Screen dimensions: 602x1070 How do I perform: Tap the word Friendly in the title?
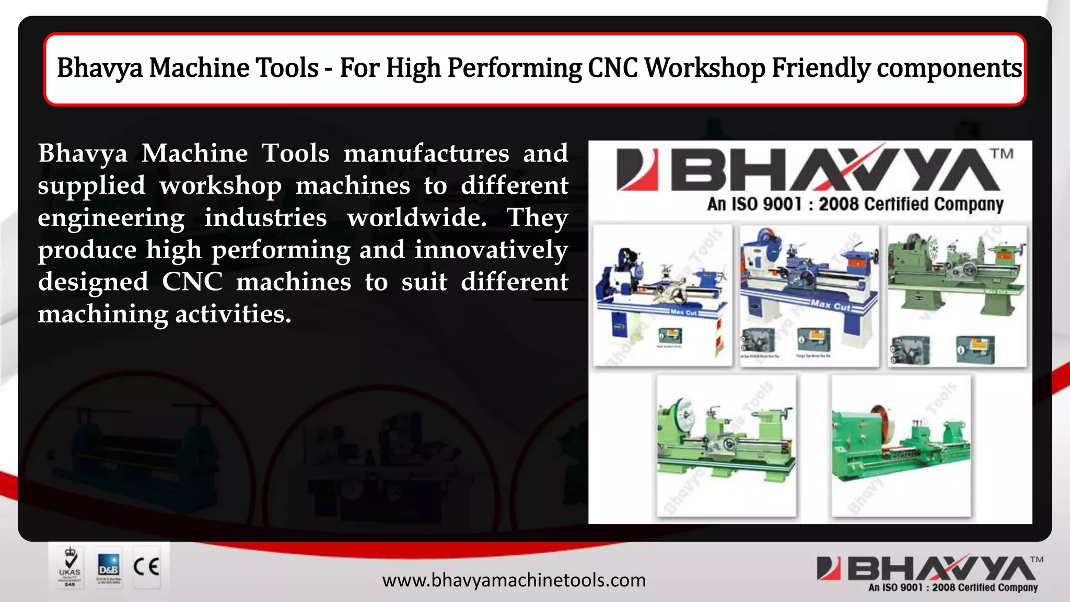[x=821, y=68]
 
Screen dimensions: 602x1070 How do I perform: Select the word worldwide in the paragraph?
[x=416, y=217]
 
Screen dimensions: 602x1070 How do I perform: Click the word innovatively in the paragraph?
[x=491, y=250]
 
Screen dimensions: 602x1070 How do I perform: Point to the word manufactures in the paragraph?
[x=426, y=153]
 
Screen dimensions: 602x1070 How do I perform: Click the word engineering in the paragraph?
[x=111, y=217]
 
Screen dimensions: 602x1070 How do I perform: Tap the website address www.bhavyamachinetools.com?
[x=514, y=580]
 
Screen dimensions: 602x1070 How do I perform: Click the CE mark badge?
[x=146, y=567]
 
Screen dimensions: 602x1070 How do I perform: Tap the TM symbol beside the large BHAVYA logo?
[x=1002, y=154]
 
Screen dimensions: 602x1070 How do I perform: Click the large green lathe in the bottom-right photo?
[x=901, y=444]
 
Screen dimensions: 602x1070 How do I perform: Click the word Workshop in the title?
[x=705, y=68]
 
